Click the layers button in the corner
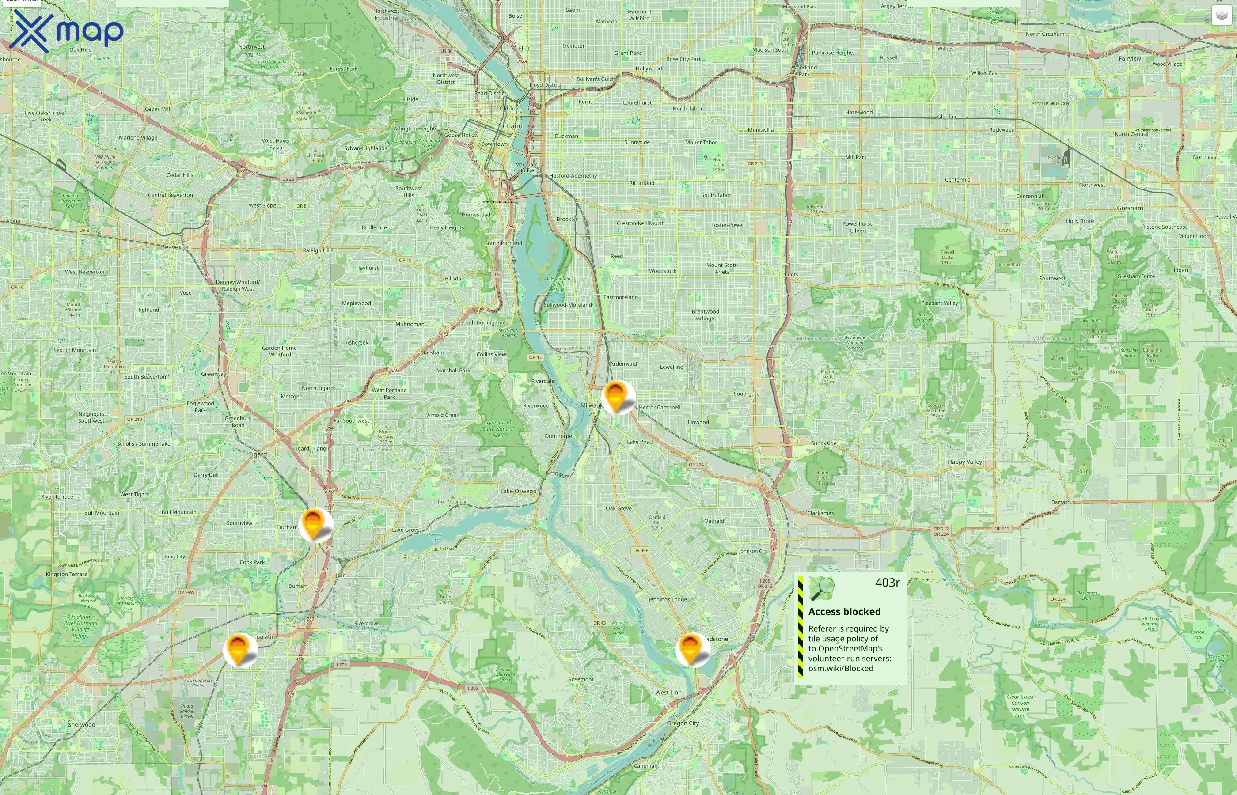1221,15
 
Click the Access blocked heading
844,612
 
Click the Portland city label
509,126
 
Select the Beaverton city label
175,247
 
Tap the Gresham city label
1130,208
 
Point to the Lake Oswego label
518,491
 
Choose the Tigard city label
258,454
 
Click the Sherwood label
82,725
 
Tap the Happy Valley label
964,462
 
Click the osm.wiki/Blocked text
841,669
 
